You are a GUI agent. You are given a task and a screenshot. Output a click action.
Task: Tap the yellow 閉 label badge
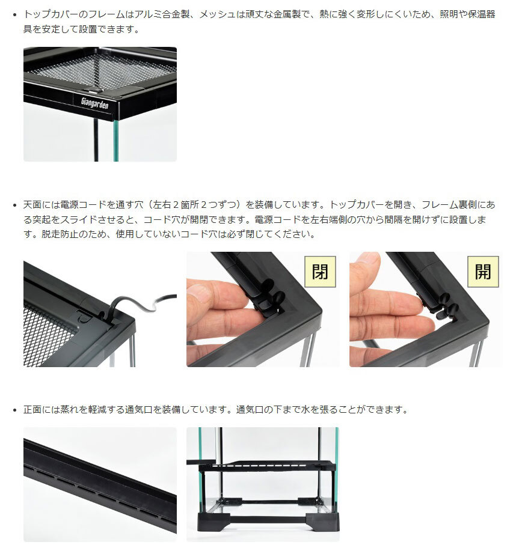pyautogui.click(x=320, y=272)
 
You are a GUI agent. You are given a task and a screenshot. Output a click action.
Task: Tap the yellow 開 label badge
pyautogui.click(x=483, y=272)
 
